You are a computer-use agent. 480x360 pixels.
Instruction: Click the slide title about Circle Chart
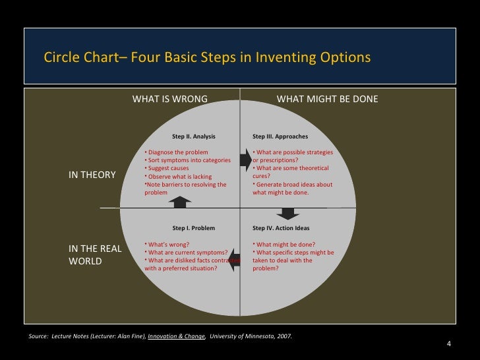[207, 57]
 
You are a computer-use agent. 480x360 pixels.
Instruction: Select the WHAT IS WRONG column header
[170, 99]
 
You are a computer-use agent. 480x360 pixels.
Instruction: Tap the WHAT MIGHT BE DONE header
[327, 99]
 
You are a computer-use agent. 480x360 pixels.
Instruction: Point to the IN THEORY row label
[92, 175]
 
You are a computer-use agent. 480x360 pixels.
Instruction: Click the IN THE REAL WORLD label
[95, 255]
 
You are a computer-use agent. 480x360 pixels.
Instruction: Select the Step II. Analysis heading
[194, 136]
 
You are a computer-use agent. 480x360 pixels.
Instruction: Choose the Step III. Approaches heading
[280, 136]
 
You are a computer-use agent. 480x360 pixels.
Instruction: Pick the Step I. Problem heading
[194, 228]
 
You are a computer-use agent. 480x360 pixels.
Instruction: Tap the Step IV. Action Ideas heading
[281, 228]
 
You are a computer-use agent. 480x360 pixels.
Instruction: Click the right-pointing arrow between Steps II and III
[245, 159]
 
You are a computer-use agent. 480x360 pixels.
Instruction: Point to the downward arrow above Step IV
[287, 213]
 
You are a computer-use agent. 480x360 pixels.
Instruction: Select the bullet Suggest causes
[168, 168]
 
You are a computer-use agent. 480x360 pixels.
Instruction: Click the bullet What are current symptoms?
[187, 252]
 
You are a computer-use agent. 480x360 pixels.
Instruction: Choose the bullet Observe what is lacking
[178, 177]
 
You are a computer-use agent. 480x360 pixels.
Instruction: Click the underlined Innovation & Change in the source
[176, 336]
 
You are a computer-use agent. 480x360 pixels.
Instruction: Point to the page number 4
[449, 344]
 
